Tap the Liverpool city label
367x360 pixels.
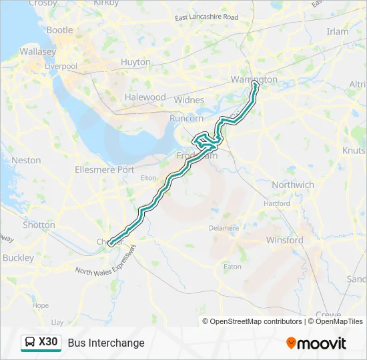click(61, 67)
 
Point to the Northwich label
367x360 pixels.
click(293, 185)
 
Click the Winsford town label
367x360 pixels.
click(284, 240)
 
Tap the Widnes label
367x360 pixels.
click(189, 99)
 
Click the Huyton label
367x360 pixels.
click(135, 62)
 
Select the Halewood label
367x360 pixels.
click(145, 97)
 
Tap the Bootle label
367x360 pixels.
click(59, 30)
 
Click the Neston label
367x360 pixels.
click(26, 160)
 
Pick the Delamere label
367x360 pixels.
click(224, 227)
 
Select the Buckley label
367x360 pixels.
click(18, 257)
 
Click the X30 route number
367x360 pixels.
click(49, 343)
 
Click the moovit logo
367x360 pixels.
click(316, 343)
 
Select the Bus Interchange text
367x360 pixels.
click(106, 343)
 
